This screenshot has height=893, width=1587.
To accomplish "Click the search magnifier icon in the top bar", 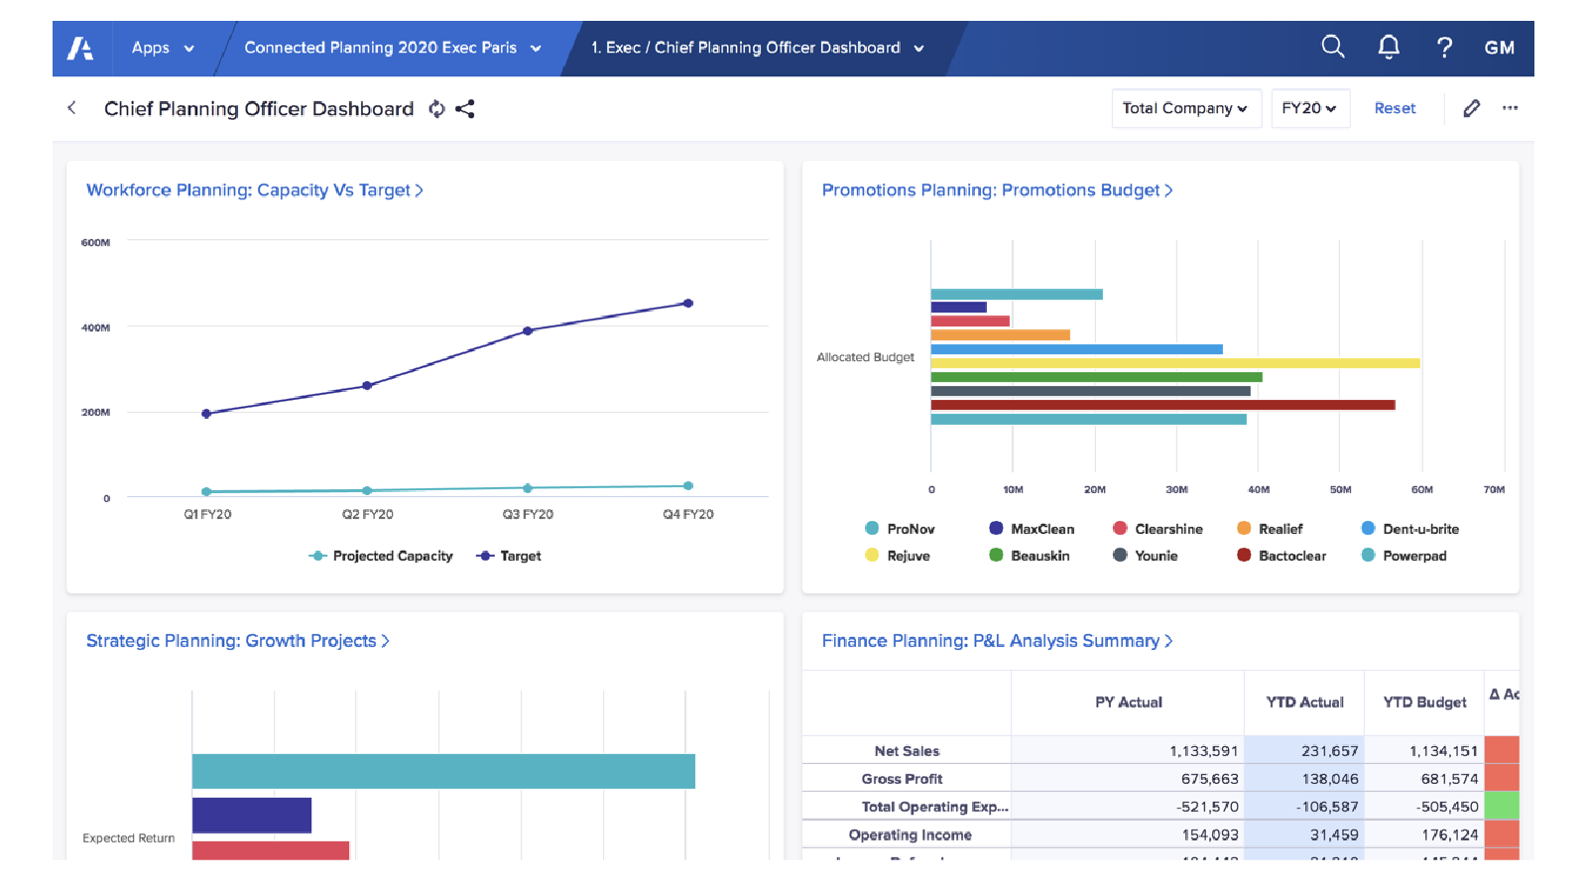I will [1332, 47].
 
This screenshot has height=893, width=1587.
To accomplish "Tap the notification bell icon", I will [1389, 47].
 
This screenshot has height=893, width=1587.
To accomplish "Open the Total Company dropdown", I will [1185, 108].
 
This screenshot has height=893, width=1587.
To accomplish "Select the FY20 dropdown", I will [1308, 108].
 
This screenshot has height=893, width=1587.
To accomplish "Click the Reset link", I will [1395, 108].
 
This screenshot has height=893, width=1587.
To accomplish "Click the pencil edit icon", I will [1471, 108].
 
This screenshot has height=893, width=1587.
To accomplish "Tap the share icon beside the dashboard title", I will [465, 109].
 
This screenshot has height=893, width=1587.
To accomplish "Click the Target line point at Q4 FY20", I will [688, 304].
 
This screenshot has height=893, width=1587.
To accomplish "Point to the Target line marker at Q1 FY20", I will [206, 414].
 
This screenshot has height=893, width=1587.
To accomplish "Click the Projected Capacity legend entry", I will [382, 556].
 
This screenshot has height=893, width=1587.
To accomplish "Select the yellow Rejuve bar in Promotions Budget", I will [1174, 363].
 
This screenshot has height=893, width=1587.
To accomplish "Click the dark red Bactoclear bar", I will [1161, 405].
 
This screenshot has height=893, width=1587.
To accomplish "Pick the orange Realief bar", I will [1000, 335].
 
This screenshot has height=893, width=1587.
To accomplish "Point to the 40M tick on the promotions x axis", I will [1258, 489].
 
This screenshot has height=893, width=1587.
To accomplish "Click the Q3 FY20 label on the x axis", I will [528, 514].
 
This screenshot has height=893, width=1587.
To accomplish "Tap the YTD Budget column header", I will [1423, 702].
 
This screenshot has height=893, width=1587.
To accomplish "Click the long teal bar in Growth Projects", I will [443, 771].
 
